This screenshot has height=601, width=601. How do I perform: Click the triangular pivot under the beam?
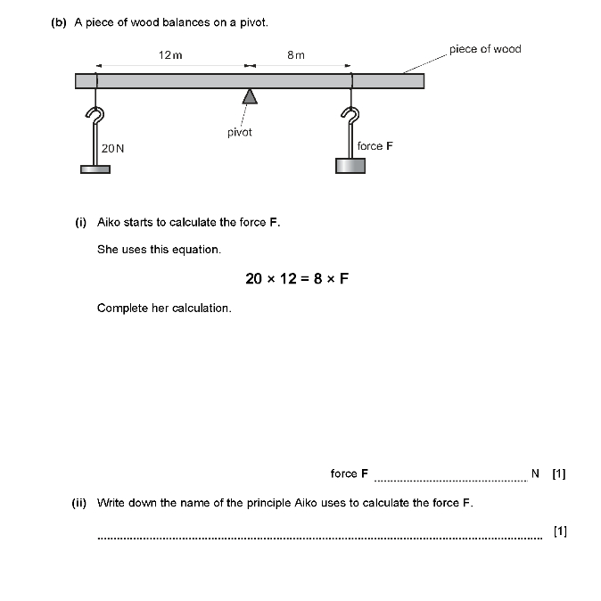coord(251,96)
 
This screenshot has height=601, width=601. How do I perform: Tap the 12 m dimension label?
coord(170,54)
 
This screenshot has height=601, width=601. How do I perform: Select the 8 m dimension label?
coord(296,54)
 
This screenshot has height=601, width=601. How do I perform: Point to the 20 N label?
coord(113,149)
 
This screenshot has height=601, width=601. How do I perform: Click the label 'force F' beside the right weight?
coord(375,145)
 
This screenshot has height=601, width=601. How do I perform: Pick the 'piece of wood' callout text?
coord(485,49)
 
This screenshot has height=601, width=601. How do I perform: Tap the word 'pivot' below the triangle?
coord(240,132)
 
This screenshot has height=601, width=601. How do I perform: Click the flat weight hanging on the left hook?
coord(95,169)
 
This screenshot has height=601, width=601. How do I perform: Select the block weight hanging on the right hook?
coord(350,165)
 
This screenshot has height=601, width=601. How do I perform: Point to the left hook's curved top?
coord(96,115)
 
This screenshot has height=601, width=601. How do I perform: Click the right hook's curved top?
coord(352,115)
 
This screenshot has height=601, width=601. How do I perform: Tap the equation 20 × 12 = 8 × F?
coord(297,278)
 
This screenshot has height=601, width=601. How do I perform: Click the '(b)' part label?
coord(60,22)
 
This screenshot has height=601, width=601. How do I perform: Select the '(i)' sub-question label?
coord(80,222)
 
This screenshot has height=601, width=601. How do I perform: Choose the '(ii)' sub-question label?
coord(79,503)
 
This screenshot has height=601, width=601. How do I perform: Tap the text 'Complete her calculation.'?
coord(164,308)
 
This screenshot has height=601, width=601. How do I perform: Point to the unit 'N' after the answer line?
coord(535,473)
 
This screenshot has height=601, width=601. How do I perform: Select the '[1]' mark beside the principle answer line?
coord(559,531)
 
